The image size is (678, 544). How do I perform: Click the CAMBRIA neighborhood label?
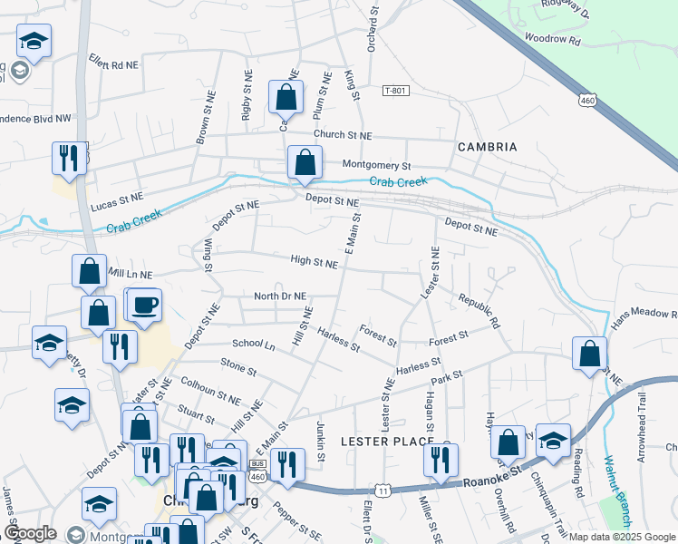tap(487, 147)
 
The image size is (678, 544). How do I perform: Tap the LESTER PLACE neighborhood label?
tap(381, 441)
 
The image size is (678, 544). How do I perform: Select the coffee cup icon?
tap(143, 305)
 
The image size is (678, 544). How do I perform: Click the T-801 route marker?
tap(396, 91)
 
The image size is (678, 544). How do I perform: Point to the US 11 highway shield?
tap(385, 491)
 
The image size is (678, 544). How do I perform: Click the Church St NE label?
tap(343, 135)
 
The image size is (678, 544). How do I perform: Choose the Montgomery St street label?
tap(376, 166)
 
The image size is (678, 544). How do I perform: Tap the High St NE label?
tap(314, 261)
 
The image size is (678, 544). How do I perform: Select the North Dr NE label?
tap(280, 296)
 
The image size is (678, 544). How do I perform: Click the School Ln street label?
tap(253, 345)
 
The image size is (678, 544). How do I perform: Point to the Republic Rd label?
tap(479, 310)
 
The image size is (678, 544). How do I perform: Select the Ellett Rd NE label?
tap(112, 65)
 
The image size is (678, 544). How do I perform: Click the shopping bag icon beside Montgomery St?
tap(305, 162)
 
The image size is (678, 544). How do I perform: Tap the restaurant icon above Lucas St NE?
tap(69, 158)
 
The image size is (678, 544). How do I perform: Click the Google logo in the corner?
tap(30, 533)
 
